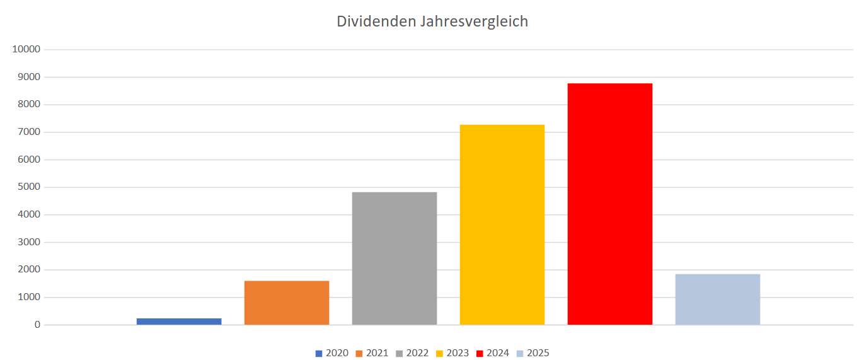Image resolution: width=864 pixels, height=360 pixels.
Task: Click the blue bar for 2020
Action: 179,322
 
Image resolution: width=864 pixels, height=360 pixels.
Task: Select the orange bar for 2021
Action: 287,303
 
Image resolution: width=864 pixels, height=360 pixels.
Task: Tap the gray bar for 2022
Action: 395,258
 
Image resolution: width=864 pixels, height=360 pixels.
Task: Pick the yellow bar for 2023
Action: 502,224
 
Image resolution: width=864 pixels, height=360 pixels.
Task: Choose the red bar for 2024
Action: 610,204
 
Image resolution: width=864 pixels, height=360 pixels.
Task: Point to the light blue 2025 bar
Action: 718,299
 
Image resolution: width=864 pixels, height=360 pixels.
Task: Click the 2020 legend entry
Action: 332,353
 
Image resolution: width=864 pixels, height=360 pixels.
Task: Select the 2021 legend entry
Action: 372,353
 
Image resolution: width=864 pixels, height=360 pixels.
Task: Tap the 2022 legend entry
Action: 412,353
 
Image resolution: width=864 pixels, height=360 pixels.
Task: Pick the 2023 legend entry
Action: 452,353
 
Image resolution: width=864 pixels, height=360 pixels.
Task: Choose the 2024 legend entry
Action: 492,353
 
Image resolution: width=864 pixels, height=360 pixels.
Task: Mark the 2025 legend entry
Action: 533,353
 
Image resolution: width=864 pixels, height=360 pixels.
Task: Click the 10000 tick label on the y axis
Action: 26,49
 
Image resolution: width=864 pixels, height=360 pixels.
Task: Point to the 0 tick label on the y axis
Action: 38,325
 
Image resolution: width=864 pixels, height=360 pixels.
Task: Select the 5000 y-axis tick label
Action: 29,187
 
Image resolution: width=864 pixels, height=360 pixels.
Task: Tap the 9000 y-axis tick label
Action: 29,77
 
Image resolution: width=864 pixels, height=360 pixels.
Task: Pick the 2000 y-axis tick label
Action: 29,270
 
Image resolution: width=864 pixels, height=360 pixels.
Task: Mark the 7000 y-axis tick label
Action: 29,132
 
